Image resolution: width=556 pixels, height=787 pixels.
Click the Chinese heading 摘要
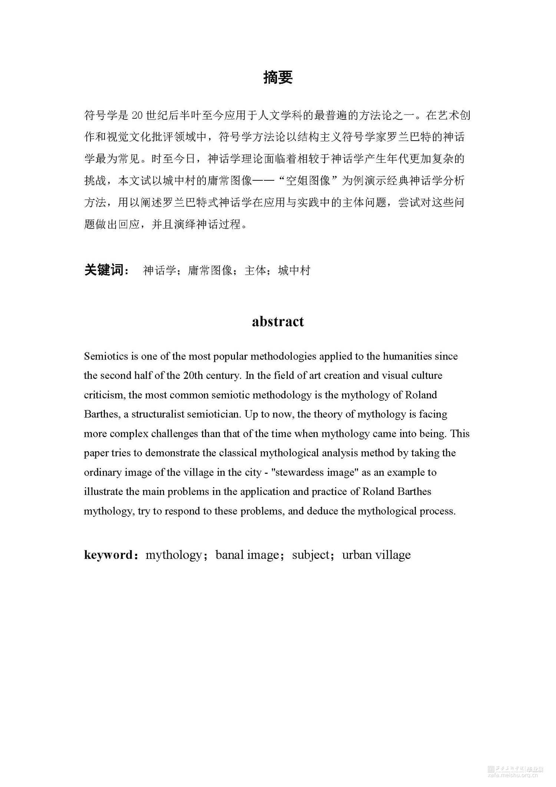point(278,77)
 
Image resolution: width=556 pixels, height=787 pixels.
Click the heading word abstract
point(278,321)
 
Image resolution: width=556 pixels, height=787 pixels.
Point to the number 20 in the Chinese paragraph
point(137,116)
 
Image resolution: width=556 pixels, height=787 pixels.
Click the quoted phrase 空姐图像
point(307,181)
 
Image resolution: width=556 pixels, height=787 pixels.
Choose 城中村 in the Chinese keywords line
point(294,270)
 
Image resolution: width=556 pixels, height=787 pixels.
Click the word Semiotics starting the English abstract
point(106,357)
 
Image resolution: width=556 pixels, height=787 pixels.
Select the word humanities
point(407,357)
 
